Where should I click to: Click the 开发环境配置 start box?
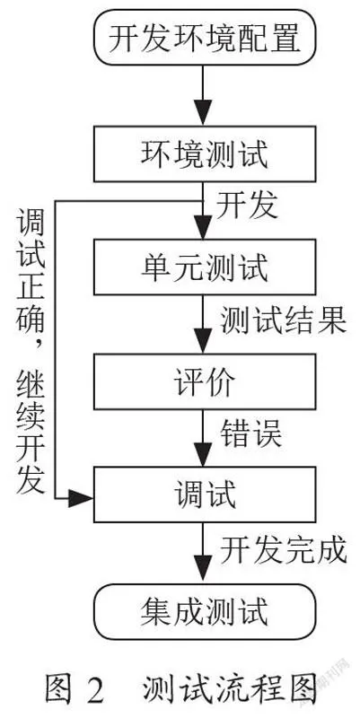click(205, 37)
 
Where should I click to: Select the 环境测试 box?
click(205, 153)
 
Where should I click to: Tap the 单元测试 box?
click(205, 267)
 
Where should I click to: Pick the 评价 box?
click(205, 381)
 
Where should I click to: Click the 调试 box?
click(205, 495)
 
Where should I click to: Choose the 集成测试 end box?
click(205, 611)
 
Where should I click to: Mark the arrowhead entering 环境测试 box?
click(202, 113)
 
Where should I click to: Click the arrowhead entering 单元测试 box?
click(202, 226)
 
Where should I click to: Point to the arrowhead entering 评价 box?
click(202, 340)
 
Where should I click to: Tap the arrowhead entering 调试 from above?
click(202, 454)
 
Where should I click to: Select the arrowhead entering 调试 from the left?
click(81, 498)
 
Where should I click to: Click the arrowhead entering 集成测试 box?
click(202, 571)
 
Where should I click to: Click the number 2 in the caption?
click(94, 689)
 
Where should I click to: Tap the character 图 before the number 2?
click(58, 689)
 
